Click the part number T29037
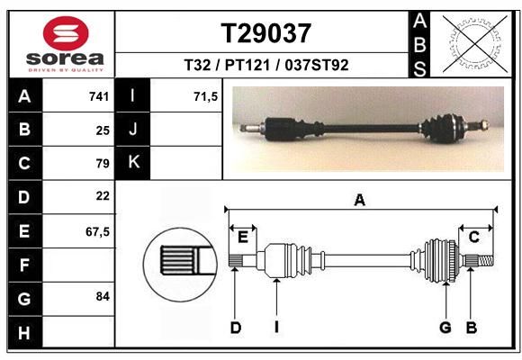point(266,33)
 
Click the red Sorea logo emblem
point(66,33)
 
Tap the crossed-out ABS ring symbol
point(475,43)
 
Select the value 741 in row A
point(99,96)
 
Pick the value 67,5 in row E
point(97,231)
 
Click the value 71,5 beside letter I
point(205,96)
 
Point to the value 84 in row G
point(103,296)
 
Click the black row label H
point(25,332)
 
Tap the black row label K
point(132,163)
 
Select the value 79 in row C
point(103,164)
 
